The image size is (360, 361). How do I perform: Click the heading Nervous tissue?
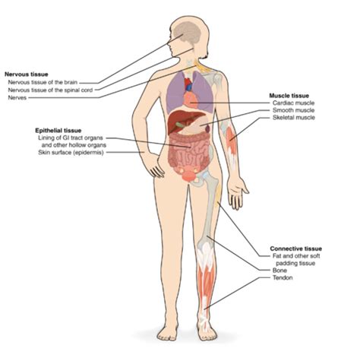pos(27,74)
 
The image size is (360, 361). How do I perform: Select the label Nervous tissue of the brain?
pos(43,82)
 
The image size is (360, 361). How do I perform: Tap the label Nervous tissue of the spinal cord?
pos(50,90)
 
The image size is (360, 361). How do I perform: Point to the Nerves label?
pos(17,98)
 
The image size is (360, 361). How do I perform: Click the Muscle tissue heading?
pos(289,96)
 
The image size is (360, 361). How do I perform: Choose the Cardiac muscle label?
pos(293,103)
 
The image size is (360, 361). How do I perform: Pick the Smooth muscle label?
pos(294,110)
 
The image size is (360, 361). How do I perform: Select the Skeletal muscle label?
pos(294,118)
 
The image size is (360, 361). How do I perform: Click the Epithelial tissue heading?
pos(58,131)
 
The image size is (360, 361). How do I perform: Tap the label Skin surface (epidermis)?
pos(71,153)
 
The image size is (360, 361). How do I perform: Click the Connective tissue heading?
pos(296,249)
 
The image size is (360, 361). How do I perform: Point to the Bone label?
pos(279,270)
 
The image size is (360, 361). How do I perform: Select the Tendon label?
pos(283,277)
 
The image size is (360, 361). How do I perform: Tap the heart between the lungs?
pos(191,100)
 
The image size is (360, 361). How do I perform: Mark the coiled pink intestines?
pos(189,152)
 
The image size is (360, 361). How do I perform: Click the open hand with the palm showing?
pos(237,192)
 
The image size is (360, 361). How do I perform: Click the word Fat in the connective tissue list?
pos(276,256)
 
